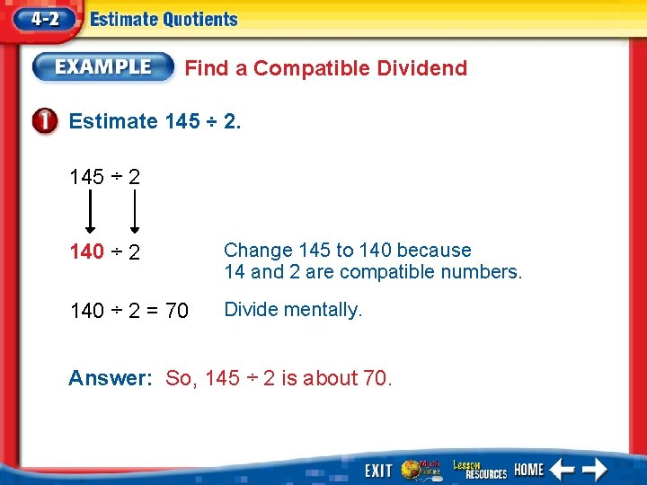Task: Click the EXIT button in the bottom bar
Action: [378, 470]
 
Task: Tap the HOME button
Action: [529, 470]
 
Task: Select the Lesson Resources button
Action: [479, 470]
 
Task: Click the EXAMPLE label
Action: [103, 66]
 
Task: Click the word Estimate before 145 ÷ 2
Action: [113, 121]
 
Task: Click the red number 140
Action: [87, 252]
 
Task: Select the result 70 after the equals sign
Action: [177, 312]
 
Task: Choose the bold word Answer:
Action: [111, 378]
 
